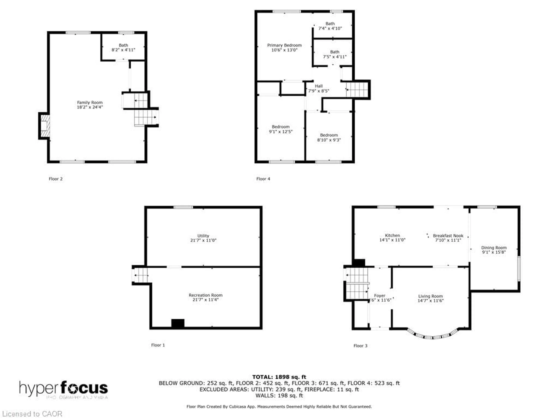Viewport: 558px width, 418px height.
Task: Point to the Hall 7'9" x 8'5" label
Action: pyautogui.click(x=319, y=88)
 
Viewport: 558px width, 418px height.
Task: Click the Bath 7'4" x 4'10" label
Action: pyautogui.click(x=330, y=26)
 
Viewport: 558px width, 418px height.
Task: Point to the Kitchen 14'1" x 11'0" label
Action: pyautogui.click(x=392, y=238)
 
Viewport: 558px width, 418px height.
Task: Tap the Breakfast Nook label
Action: pyautogui.click(x=448, y=238)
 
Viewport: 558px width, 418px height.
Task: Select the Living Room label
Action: pyautogui.click(x=430, y=298)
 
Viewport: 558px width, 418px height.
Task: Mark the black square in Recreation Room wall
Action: pyautogui.click(x=178, y=323)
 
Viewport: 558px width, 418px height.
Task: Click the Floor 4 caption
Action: pyautogui.click(x=263, y=179)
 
